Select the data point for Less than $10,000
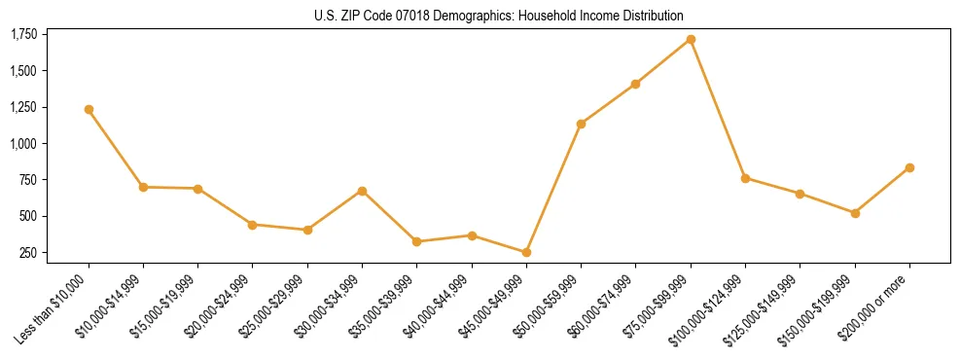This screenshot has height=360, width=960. (89, 109)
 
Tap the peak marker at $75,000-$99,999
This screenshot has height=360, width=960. (691, 39)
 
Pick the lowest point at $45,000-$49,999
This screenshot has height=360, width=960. (526, 252)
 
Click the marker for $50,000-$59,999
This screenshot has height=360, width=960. (581, 124)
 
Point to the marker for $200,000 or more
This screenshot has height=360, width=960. (909, 167)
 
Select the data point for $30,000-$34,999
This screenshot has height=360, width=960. (362, 191)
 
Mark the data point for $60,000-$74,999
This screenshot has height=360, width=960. (635, 84)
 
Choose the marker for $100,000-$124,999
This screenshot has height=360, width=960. (745, 178)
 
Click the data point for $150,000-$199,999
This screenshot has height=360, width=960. (855, 213)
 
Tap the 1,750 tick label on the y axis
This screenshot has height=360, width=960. (23, 35)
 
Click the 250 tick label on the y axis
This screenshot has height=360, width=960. (28, 253)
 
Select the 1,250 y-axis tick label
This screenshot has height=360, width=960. (23, 108)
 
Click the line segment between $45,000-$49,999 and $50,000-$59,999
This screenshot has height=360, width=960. (553, 188)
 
